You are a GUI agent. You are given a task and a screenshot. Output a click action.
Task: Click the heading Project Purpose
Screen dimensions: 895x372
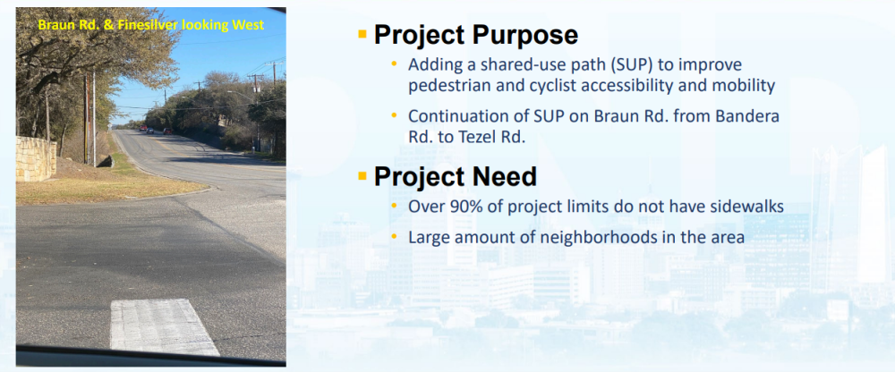476,36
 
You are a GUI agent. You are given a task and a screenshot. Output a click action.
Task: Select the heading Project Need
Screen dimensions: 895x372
455,177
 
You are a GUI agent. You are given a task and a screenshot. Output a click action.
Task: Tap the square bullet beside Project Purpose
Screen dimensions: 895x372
362,34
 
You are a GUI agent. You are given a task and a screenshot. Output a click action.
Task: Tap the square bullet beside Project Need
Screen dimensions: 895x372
362,176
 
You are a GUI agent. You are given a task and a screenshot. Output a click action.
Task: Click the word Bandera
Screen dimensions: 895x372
753,116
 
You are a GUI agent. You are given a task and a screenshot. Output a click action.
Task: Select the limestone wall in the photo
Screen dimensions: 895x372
36,158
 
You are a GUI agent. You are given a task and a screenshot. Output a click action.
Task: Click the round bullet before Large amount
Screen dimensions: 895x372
394,236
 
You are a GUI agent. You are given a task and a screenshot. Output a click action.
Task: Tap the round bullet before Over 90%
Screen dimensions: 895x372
394,206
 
